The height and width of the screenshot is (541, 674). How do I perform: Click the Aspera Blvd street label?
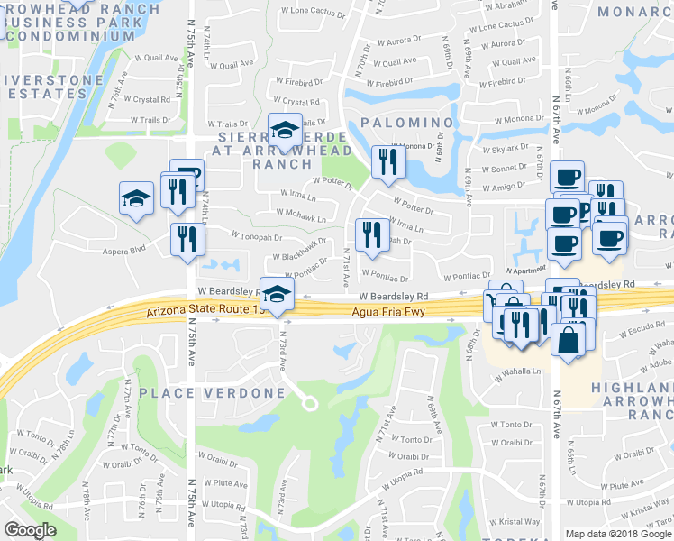124,248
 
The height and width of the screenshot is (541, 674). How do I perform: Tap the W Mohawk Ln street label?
302,217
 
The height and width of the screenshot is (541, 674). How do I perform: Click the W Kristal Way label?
518,521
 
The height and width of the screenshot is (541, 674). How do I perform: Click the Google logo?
30,530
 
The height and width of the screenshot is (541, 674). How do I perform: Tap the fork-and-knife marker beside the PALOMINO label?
389,161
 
